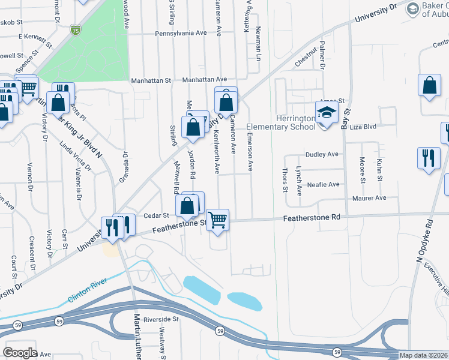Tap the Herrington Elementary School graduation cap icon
tap(327, 113)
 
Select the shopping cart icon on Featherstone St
tap(217, 219)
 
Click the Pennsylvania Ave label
tap(180, 34)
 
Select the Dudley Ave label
tap(322, 154)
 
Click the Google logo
tap(20, 353)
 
